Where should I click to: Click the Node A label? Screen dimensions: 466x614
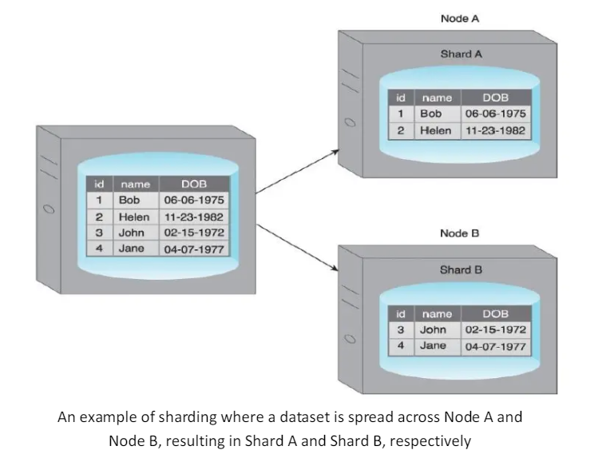459,18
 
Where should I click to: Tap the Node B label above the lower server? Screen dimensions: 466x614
459,233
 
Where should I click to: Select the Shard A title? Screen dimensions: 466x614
461,54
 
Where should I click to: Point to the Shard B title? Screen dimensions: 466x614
461,270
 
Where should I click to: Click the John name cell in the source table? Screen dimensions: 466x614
132,233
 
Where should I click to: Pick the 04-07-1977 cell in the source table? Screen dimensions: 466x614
193,249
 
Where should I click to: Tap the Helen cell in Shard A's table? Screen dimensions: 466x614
436,130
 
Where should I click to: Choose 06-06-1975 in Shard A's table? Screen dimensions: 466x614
495,114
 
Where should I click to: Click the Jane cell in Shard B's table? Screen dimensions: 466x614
433,346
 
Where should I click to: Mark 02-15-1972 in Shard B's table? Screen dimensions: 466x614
495,329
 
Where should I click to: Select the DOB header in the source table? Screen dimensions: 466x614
193,185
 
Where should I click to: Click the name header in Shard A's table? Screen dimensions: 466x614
437,98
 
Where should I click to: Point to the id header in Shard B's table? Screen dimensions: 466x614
402,314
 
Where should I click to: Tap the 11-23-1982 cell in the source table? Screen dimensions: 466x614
193,217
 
